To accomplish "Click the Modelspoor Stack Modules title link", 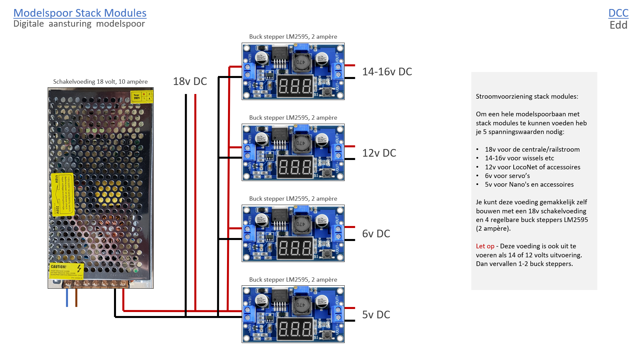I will pyautogui.click(x=80, y=13).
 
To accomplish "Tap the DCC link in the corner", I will pyautogui.click(x=618, y=13).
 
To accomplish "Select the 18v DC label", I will pyautogui.click(x=190, y=81).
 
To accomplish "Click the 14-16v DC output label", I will pyautogui.click(x=387, y=72).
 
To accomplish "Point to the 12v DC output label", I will pyautogui.click(x=379, y=153).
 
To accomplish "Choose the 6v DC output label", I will pyautogui.click(x=376, y=234).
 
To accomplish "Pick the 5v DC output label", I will pyautogui.click(x=376, y=315).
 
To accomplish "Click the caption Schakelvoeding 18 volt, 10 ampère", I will pyautogui.click(x=100, y=82).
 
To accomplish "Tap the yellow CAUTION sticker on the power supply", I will pyautogui.click(x=66, y=270).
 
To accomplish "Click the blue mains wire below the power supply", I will pyautogui.click(x=67, y=298).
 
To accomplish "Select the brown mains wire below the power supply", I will pyautogui.click(x=76, y=298).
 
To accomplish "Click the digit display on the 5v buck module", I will pyautogui.click(x=295, y=329).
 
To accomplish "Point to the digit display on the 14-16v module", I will pyautogui.click(x=295, y=86).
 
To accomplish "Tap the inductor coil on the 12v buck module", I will pyautogui.click(x=301, y=143).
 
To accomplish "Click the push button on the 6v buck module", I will pyautogui.click(x=327, y=254).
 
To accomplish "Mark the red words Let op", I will pyautogui.click(x=485, y=246).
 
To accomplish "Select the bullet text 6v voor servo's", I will pyautogui.click(x=507, y=176).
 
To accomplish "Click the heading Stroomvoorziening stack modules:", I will pyautogui.click(x=527, y=97).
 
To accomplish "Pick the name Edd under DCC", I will pyautogui.click(x=618, y=25).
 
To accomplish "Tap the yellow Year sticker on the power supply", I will pyautogui.click(x=141, y=97).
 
